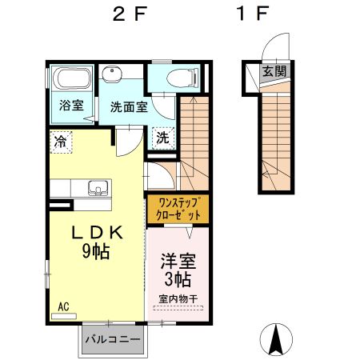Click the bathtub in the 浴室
(x=72, y=78)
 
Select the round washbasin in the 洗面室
(x=112, y=74)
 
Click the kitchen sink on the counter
(x=98, y=188)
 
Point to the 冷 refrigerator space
(x=61, y=142)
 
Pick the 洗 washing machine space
(x=163, y=138)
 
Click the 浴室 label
(x=71, y=105)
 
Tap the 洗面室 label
(x=129, y=107)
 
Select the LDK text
(x=98, y=233)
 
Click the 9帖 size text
(x=96, y=251)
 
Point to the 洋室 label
(x=178, y=261)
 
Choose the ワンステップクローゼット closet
(x=178, y=209)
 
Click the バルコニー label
(x=113, y=339)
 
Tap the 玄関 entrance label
(x=274, y=71)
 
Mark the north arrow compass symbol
(x=276, y=340)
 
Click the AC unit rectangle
(x=64, y=317)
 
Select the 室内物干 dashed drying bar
(x=178, y=308)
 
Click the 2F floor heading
(x=130, y=14)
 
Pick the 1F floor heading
(x=252, y=14)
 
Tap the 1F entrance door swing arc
(x=270, y=42)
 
